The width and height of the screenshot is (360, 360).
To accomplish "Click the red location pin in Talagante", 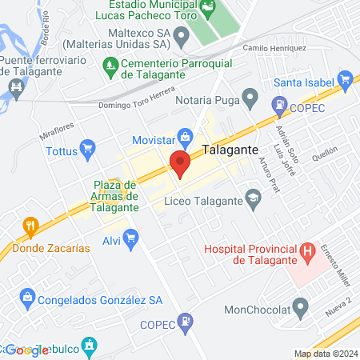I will (x=180, y=165).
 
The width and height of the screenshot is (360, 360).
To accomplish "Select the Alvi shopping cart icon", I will (x=131, y=238).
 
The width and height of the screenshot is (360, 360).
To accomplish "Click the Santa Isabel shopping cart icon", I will (x=346, y=79).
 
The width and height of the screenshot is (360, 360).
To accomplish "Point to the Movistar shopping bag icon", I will (x=186, y=137).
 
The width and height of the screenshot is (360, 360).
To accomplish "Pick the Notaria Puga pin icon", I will (x=250, y=100).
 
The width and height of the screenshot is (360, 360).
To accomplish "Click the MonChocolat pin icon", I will (x=301, y=306).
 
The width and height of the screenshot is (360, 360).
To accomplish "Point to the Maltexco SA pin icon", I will (x=182, y=35).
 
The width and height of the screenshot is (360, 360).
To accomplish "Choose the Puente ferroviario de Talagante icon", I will (x=15, y=86).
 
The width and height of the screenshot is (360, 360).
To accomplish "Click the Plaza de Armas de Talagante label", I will (x=116, y=196).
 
